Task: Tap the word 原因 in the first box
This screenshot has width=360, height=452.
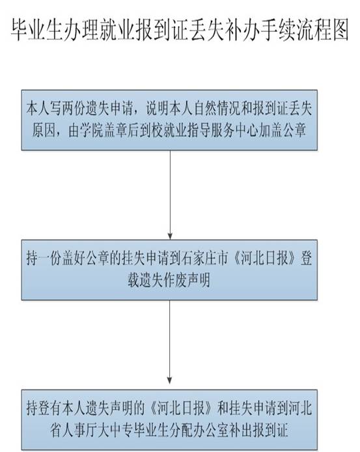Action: pyautogui.click(x=44, y=131)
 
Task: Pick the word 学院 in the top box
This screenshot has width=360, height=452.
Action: pyautogui.click(x=92, y=131)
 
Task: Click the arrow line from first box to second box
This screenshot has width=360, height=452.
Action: pyautogui.click(x=170, y=195)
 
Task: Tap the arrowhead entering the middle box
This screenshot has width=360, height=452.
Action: pyautogui.click(x=170, y=236)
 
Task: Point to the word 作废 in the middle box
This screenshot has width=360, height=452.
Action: pyautogui.click(x=174, y=280)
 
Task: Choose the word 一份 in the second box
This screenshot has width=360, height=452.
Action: pyautogui.click(x=49, y=259)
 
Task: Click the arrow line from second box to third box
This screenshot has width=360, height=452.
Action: pyautogui.click(x=170, y=342)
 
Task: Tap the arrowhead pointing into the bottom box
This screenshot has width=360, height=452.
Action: pyautogui.click(x=170, y=380)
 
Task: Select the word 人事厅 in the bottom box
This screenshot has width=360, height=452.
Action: pyautogui.click(x=80, y=430)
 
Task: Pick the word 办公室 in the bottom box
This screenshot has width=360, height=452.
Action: pyautogui.click(x=212, y=430)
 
